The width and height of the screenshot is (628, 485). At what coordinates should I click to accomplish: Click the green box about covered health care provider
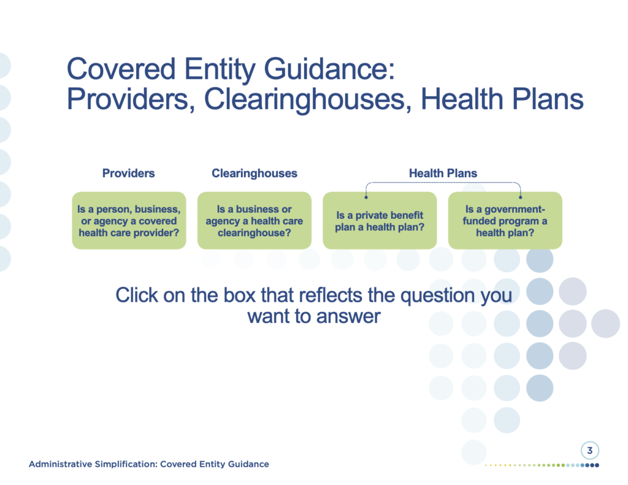129,220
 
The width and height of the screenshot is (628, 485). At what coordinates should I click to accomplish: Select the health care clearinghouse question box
255,220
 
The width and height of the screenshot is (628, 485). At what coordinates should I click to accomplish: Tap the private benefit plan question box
380,220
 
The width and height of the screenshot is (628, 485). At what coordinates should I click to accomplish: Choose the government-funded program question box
505,220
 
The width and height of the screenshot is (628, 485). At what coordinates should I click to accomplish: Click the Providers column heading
129,173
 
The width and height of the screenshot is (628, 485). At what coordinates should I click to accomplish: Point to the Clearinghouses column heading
255,173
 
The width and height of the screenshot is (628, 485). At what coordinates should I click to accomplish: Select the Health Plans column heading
443,173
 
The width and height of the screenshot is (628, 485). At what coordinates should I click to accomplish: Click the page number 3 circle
590,450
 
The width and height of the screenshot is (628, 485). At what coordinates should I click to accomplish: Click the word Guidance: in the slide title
329,69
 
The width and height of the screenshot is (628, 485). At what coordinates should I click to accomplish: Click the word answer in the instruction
348,317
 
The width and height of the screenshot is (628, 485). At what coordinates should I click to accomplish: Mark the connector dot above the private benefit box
366,197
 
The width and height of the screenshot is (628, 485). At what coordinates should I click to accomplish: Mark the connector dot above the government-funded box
520,197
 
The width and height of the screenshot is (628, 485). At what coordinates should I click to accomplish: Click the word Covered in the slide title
121,69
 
